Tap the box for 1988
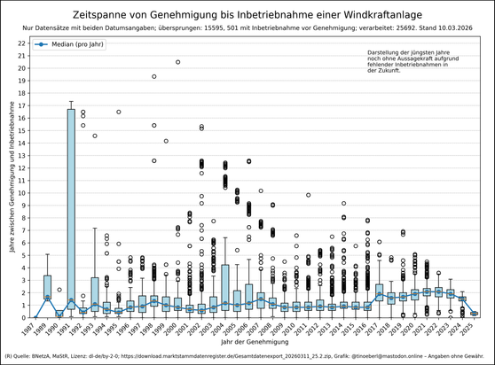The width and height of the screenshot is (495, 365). click(x=47, y=286)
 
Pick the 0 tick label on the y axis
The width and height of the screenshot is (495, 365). click(x=24, y=317)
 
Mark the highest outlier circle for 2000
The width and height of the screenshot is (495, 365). click(x=178, y=62)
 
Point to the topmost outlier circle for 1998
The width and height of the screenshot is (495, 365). click(x=154, y=76)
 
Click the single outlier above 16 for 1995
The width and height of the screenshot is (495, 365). click(x=119, y=112)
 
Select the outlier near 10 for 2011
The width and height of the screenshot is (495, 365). click(x=308, y=195)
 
